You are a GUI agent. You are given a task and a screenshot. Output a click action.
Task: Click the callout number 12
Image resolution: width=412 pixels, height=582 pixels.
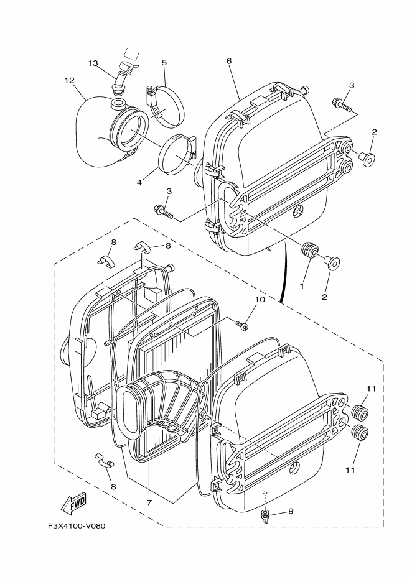[x=69, y=80]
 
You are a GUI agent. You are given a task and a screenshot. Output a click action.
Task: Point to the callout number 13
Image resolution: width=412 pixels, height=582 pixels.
[x=93, y=63]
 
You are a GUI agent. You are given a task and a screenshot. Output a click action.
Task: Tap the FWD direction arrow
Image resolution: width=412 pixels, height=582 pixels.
[x=74, y=503]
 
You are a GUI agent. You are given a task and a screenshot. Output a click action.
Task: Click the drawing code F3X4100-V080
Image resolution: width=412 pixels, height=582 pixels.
[x=77, y=526]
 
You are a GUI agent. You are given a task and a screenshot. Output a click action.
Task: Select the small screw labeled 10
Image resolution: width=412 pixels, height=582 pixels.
[x=241, y=323]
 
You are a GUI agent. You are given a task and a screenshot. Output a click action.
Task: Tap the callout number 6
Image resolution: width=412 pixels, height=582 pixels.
[x=228, y=62]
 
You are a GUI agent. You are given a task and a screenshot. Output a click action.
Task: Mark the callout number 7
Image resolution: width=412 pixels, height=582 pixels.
[x=149, y=501]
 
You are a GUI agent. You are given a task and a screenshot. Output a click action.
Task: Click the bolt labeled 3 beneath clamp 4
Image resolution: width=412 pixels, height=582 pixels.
[x=164, y=211]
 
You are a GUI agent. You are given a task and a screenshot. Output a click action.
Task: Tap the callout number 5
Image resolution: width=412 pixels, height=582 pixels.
[x=164, y=63]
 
